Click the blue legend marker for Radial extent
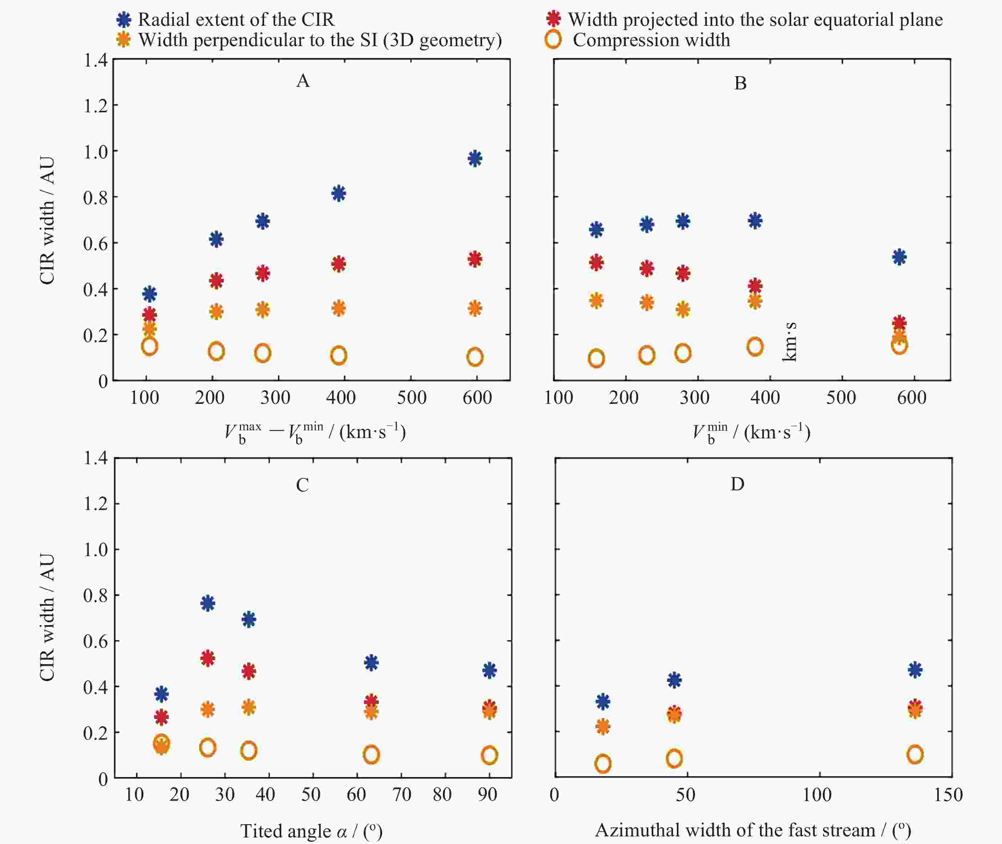[124, 20]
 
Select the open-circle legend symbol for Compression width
[553, 40]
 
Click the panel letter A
[303, 81]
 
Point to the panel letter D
[737, 484]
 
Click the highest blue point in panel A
[475, 159]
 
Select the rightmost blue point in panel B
[899, 257]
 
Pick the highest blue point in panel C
[208, 603]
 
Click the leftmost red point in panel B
[596, 262]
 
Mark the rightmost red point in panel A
[475, 259]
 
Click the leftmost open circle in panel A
[149, 346]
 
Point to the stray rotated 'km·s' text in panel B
[789, 342]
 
